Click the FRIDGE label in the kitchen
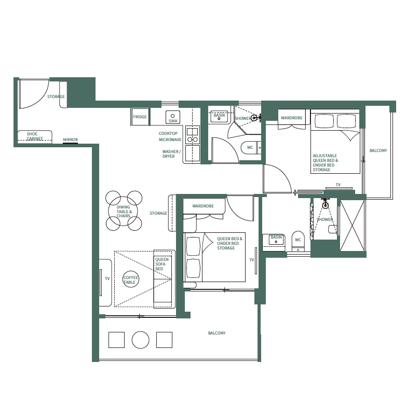pos(140,117)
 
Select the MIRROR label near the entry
pos(70,140)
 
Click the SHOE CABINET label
pos(35,136)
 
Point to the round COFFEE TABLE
pos(130,280)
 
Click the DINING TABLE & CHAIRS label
pos(124,212)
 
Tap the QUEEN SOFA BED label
pos(162,264)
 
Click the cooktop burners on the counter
pos(192,135)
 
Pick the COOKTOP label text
pos(168,133)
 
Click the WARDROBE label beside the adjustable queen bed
pos(291,118)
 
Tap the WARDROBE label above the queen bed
pos(203,206)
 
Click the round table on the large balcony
pos(141,340)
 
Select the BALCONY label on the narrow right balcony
pos(378,151)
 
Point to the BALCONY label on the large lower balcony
pos(216,333)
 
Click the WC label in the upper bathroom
pos(250,147)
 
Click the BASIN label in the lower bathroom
pos(276,238)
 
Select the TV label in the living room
pos(107,279)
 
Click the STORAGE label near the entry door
pos(56,97)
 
